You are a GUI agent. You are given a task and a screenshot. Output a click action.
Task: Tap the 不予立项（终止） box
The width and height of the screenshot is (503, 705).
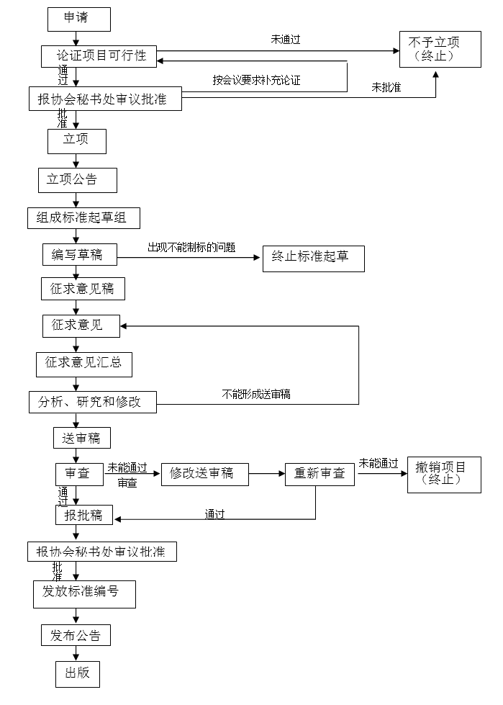click(434, 49)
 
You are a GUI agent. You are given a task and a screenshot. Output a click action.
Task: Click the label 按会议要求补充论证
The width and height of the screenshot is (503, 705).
click(256, 80)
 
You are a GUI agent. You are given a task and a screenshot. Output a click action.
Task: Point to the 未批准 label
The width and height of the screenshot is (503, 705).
click(386, 88)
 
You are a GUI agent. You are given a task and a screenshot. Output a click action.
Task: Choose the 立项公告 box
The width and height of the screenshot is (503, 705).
click(77, 180)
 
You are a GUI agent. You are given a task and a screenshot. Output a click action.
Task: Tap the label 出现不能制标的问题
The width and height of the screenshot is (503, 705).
click(191, 247)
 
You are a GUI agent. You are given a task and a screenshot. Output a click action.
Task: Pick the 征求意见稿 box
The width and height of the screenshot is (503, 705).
click(82, 289)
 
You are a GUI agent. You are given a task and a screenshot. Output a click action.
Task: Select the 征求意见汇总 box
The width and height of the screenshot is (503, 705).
click(84, 363)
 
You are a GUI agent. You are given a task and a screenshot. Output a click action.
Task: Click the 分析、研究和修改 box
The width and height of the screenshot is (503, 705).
click(94, 402)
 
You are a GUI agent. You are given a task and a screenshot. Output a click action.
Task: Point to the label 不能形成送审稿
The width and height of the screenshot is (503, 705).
click(256, 394)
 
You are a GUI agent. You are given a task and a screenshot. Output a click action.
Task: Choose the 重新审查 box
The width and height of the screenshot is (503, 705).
click(320, 473)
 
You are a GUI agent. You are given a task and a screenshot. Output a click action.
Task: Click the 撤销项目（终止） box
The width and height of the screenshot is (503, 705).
click(444, 474)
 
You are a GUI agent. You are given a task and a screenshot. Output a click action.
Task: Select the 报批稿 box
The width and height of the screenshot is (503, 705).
click(83, 515)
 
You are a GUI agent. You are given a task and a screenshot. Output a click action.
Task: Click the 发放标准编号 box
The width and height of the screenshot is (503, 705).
click(84, 594)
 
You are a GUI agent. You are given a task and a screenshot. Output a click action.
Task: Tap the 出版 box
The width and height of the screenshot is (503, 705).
click(77, 673)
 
